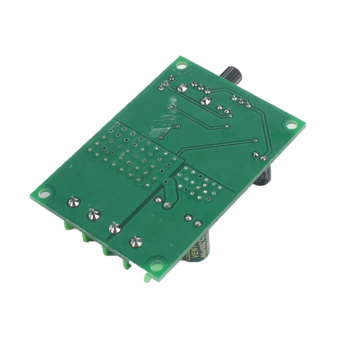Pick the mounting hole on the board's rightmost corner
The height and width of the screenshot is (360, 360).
291,125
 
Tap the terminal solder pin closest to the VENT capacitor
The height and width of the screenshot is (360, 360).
136,242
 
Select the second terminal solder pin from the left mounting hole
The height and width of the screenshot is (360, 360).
94,215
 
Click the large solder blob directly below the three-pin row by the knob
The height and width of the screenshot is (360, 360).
206,101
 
